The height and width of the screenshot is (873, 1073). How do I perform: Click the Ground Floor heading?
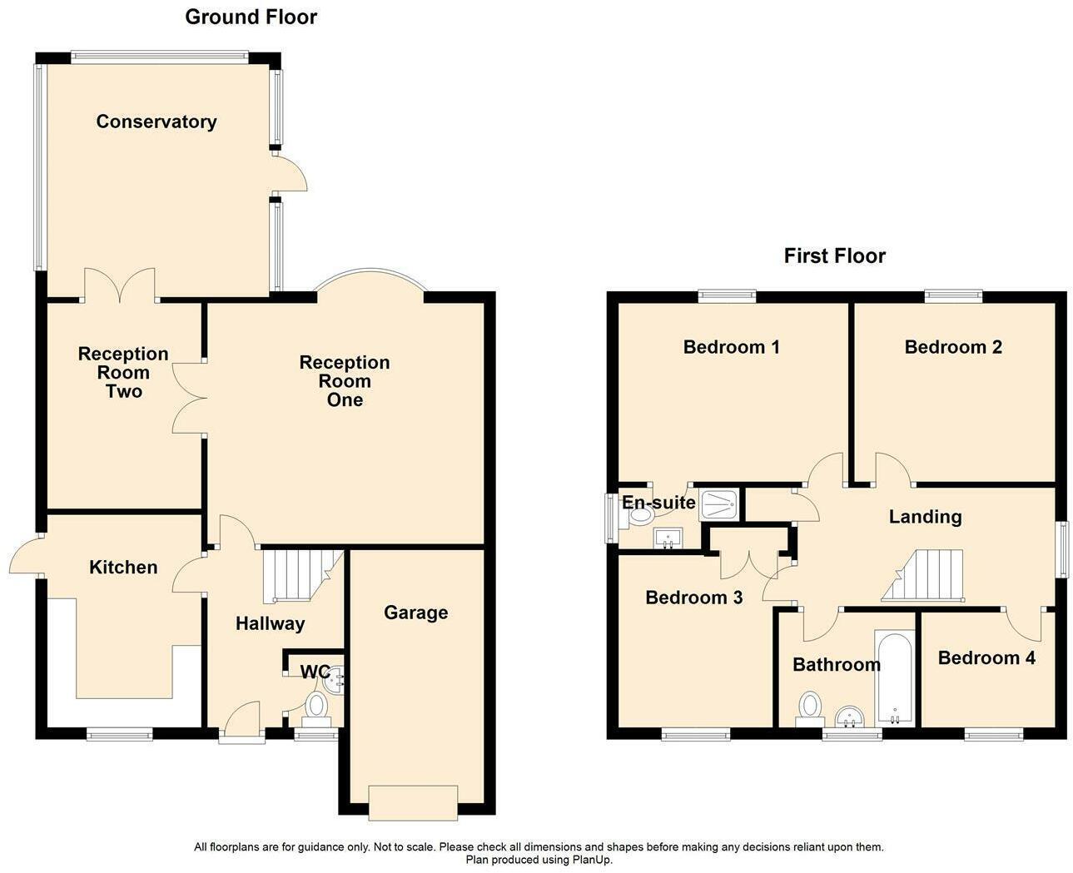251,17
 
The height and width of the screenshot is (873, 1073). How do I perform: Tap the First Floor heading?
834,255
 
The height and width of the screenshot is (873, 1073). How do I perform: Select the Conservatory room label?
156,122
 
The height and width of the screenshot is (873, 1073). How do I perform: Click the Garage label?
415,613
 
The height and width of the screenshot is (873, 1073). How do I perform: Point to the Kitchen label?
123,568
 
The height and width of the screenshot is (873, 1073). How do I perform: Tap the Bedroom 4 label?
986,658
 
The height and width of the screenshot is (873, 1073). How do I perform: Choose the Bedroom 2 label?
953,347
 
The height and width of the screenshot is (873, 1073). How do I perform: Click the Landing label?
925,517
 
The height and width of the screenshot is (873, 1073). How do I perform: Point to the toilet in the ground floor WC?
316,707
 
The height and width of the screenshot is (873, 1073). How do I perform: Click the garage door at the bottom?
413,802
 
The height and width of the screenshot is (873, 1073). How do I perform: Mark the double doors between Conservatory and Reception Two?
120,285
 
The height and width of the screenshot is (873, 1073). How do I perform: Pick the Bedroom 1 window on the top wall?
727,295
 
